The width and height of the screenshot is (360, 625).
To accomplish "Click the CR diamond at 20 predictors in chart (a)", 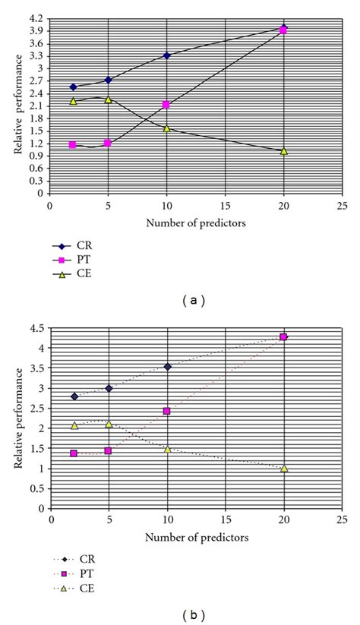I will click(284, 28).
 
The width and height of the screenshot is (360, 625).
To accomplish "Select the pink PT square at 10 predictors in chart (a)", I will click(166, 105).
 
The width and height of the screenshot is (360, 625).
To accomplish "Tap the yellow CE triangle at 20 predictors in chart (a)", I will click(284, 151).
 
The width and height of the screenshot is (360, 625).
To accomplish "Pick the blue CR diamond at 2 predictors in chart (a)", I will click(73, 87).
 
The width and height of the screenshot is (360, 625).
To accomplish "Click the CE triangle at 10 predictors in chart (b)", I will click(168, 450).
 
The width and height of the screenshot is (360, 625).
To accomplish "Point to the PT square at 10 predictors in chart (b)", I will click(168, 411).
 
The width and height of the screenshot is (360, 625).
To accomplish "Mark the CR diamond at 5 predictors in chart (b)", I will click(109, 388).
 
